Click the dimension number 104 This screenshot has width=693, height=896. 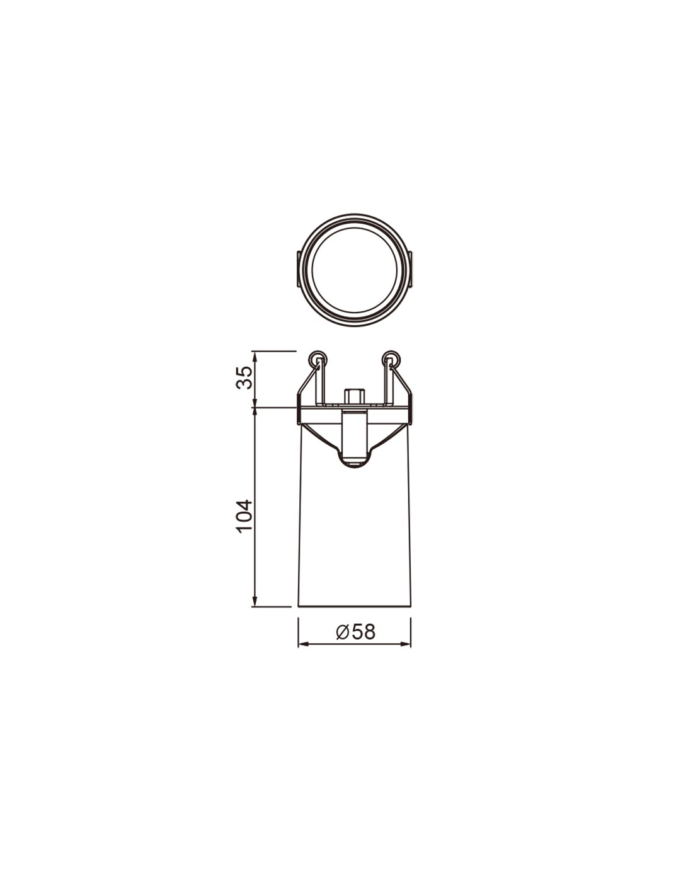pos(244,515)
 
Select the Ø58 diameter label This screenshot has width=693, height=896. pos(355,631)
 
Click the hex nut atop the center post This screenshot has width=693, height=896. pos(353,397)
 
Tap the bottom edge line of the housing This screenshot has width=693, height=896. pos(354,607)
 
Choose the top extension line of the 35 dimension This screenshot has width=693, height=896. pos(274,351)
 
